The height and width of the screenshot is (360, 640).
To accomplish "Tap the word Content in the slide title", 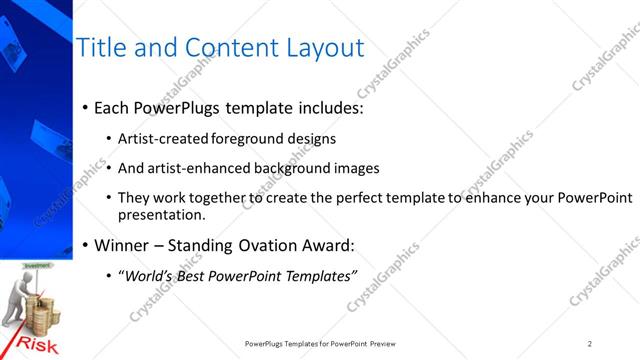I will click(216, 48).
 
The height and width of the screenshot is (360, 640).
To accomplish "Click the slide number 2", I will click(590, 344).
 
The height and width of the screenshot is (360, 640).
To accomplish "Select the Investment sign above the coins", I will click(37, 266).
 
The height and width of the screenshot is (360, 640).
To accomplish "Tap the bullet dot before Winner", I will click(85, 245).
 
